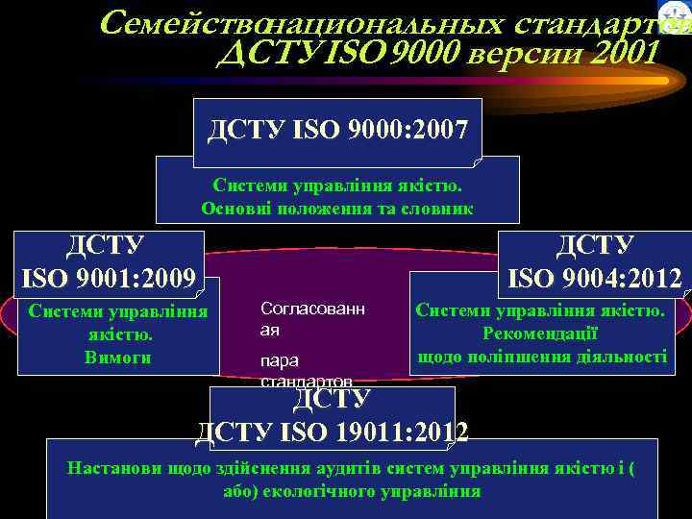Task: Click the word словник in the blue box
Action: point(437,208)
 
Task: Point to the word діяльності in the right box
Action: point(618,356)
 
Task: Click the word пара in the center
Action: point(280,360)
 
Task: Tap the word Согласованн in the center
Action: point(312,308)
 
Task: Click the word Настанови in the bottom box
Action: point(106,468)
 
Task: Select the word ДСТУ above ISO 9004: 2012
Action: point(594,247)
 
